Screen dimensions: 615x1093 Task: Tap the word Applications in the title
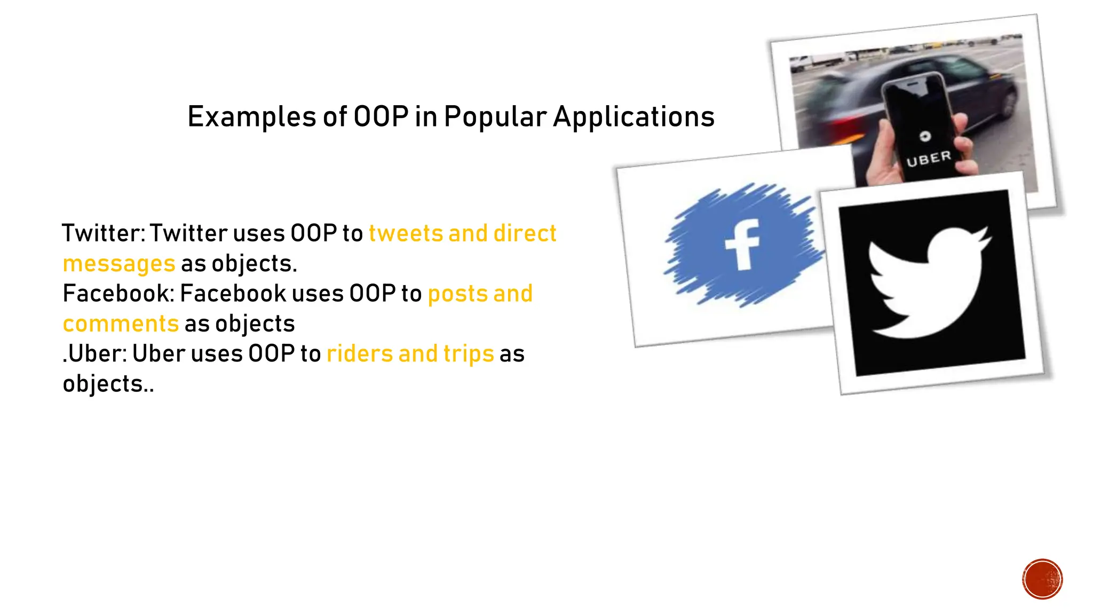(633, 117)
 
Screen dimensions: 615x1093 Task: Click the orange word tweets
(406, 234)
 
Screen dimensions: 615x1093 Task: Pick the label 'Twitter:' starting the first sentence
(104, 234)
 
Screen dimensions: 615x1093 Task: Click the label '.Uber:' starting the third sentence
(94, 354)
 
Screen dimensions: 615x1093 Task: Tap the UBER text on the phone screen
(929, 159)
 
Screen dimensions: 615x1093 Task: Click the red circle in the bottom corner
(1042, 579)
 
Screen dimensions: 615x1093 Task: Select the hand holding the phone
(886, 160)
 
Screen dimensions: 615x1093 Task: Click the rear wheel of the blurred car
(1008, 101)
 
